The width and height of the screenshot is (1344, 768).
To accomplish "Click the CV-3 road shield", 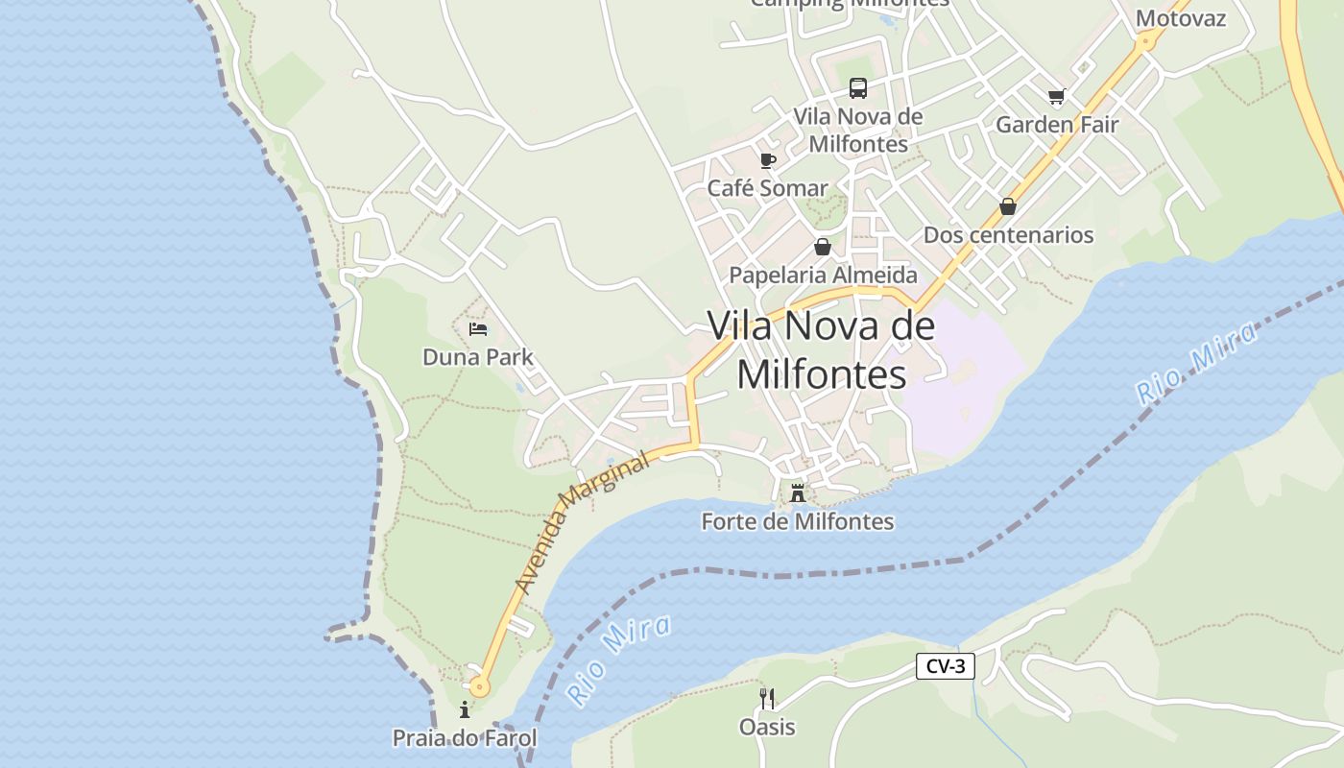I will (x=945, y=666).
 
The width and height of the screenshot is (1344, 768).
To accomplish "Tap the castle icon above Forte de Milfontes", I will (x=797, y=494).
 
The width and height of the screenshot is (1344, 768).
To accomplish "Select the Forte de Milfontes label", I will (x=797, y=522).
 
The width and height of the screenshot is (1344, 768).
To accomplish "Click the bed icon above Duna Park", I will (x=478, y=329).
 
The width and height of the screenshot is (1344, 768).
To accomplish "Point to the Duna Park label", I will (x=478, y=357).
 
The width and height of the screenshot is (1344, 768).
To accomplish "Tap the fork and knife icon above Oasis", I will (x=767, y=698).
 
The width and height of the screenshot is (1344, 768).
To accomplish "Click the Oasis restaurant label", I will (x=767, y=727).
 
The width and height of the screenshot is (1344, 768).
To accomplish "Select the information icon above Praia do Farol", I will (x=465, y=710).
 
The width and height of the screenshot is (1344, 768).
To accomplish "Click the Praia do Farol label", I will (x=465, y=738).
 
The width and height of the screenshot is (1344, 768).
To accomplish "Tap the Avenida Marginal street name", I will (x=582, y=523).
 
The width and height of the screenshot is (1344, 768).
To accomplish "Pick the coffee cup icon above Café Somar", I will (x=767, y=160).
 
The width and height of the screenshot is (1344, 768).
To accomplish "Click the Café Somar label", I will (x=767, y=188).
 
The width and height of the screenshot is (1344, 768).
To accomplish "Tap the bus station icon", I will (x=857, y=88).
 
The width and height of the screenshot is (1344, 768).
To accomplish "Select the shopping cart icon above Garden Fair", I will (x=1057, y=96).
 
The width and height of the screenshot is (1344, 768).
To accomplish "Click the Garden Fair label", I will (x=1057, y=125).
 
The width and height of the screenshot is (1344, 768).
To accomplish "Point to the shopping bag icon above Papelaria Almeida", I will (x=823, y=247).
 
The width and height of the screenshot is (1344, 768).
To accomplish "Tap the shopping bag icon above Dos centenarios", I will (x=1008, y=206).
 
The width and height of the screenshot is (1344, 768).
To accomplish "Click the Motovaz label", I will (x=1181, y=18).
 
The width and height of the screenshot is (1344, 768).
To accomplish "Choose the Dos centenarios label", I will (x=1008, y=235).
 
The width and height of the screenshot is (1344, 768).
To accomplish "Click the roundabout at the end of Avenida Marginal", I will (x=478, y=686).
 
